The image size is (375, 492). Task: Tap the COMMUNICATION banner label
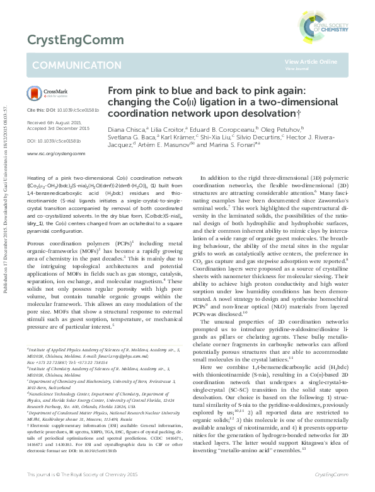coord(68,66)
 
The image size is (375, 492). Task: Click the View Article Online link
coord(311,61)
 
